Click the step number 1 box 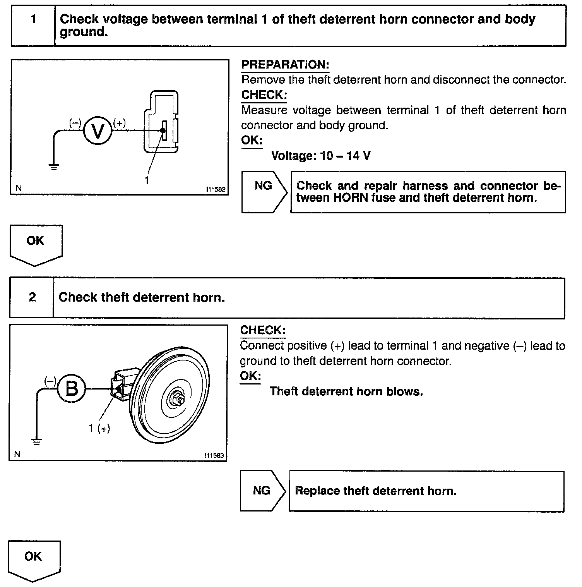pyautogui.click(x=33, y=25)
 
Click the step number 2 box pyautogui.click(x=32, y=297)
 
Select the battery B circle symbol pyautogui.click(x=72, y=388)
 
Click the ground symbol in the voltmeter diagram pyautogui.click(x=54, y=167)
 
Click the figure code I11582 pyautogui.click(x=216, y=189)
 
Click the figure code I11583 pyautogui.click(x=214, y=455)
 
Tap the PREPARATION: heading pyautogui.click(x=285, y=65)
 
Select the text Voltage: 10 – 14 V pyautogui.click(x=321, y=156)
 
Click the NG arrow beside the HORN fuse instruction pyautogui.click(x=264, y=192)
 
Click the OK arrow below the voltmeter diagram pyautogui.click(x=36, y=244)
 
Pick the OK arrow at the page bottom pyautogui.click(x=33, y=560)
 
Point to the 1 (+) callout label pyautogui.click(x=99, y=428)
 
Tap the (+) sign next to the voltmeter pyautogui.click(x=119, y=123)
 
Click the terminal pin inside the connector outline pyautogui.click(x=164, y=130)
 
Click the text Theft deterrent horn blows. pyautogui.click(x=346, y=391)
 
